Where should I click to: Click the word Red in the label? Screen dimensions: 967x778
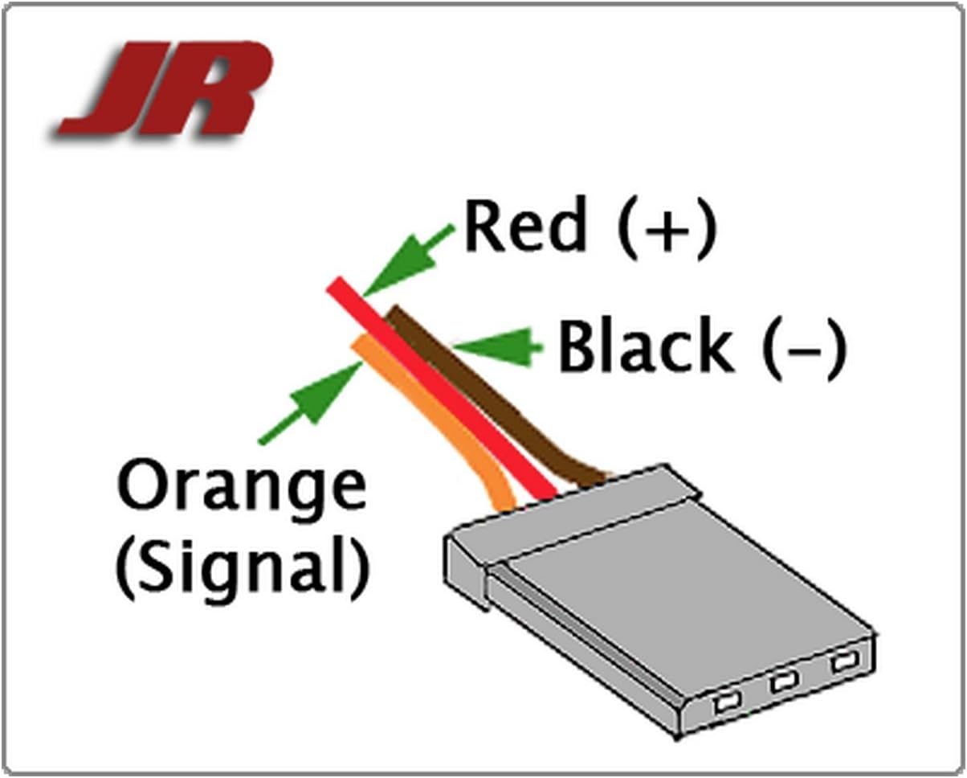525,226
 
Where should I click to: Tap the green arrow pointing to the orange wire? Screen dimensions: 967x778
310,403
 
